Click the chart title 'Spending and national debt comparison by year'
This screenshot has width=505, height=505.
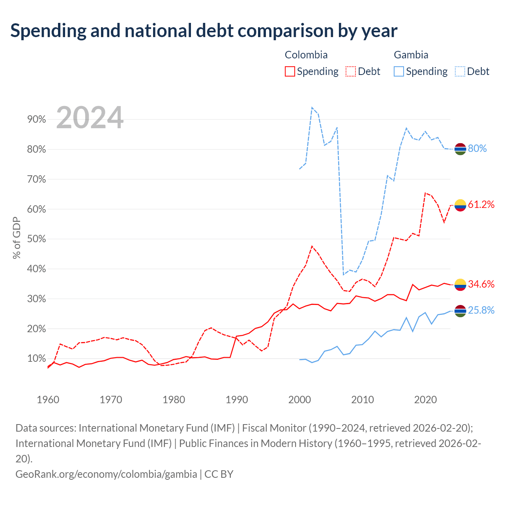click(x=204, y=31)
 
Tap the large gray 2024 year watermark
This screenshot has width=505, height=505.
click(x=90, y=118)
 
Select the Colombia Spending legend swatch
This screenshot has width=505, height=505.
click(x=290, y=71)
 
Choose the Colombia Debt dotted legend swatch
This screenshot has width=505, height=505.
click(x=350, y=71)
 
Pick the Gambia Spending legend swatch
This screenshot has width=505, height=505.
click(x=398, y=71)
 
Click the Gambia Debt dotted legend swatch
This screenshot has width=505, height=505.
click(x=460, y=71)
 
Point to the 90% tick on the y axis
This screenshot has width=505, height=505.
click(x=36, y=120)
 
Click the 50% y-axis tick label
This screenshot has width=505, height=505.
click(x=36, y=239)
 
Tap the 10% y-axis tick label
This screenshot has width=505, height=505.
click(x=36, y=359)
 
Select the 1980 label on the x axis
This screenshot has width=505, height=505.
click(x=174, y=400)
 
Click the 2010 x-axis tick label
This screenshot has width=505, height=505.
click(x=363, y=400)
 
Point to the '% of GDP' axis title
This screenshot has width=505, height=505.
click(x=17, y=238)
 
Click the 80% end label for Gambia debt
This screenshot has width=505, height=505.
click(x=477, y=149)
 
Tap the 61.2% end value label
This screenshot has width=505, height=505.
click(x=481, y=205)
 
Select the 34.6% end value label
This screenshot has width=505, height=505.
click(x=481, y=284)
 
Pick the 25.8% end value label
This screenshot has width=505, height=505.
click(x=481, y=310)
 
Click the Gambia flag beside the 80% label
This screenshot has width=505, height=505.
click(x=460, y=149)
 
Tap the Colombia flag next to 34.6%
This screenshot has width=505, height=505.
click(x=460, y=285)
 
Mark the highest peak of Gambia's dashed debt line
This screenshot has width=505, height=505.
click(x=312, y=107)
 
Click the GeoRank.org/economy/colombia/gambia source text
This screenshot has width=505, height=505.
click(x=106, y=474)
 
